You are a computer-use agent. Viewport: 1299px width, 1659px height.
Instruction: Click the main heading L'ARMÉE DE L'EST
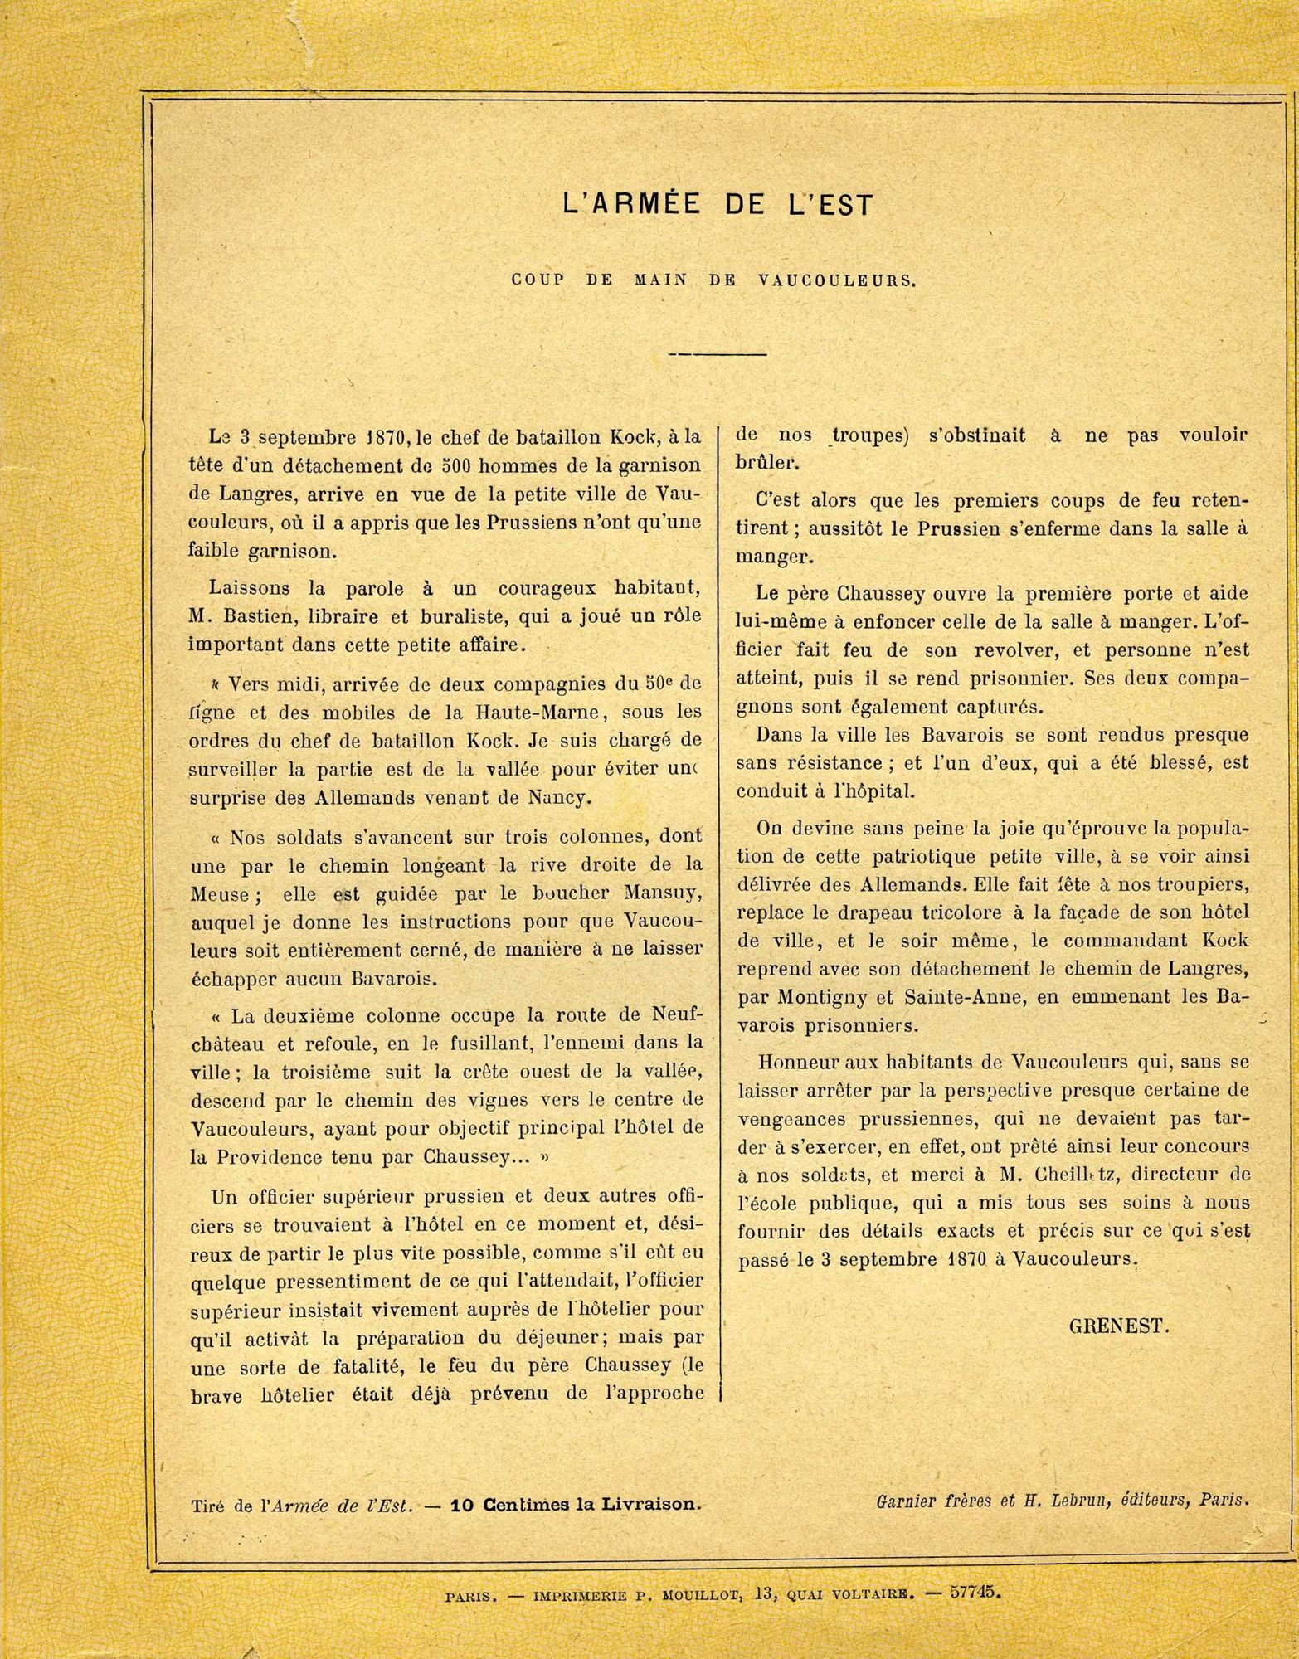click(x=718, y=204)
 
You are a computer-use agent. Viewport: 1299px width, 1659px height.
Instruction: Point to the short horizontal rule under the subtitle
click(x=718, y=355)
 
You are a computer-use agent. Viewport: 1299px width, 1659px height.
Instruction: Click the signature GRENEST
click(x=1118, y=1325)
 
